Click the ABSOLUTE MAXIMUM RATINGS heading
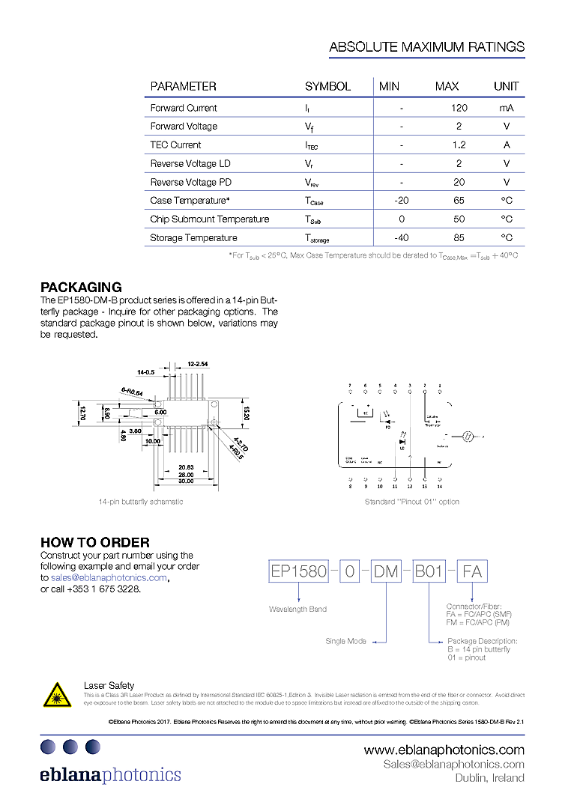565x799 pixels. tap(426, 47)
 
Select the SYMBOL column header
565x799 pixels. tap(327, 86)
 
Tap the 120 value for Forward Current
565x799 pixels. tap(459, 108)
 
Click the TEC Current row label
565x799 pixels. tap(175, 145)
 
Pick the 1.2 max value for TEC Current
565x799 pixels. tap(459, 145)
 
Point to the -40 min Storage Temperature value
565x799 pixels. tap(401, 238)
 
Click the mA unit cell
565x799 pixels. tap(507, 108)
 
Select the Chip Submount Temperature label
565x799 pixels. tap(210, 219)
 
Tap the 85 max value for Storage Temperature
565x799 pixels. tap(459, 238)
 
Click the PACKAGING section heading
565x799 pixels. tap(81, 287)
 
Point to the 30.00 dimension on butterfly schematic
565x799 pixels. tap(186, 481)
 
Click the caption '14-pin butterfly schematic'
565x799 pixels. tap(141, 502)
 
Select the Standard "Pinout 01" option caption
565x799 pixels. tap(412, 502)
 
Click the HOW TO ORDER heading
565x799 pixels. tap(94, 542)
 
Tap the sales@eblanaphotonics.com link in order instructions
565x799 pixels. tap(109, 577)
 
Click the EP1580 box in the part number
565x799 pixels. tap(299, 572)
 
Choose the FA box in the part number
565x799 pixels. tap(472, 572)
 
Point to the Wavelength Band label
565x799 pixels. tap(297, 610)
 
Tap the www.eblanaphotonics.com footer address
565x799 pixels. tap(444, 750)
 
